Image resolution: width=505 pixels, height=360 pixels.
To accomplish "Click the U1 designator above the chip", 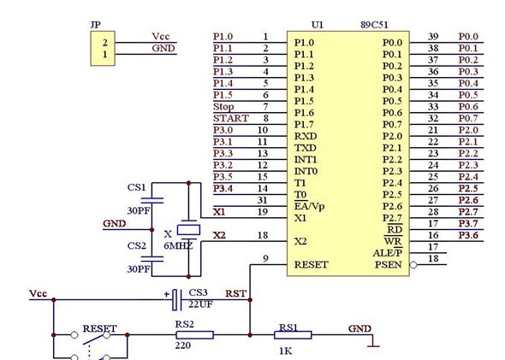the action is [x=318, y=25].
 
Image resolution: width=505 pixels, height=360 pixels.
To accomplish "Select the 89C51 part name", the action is [x=374, y=25].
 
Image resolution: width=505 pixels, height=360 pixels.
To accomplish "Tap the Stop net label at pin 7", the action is [x=223, y=107].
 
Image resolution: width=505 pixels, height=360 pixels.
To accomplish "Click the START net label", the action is [x=231, y=118].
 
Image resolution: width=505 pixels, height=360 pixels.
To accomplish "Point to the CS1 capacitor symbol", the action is [x=152, y=200].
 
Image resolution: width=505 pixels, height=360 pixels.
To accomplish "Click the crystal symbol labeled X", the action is [x=188, y=230].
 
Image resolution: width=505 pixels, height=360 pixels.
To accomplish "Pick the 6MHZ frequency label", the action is [x=178, y=245].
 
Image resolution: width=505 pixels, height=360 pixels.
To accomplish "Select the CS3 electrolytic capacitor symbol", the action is [x=176, y=300].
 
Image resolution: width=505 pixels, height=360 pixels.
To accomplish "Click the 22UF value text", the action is [x=200, y=304].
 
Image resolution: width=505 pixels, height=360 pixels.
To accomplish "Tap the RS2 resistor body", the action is [x=194, y=335].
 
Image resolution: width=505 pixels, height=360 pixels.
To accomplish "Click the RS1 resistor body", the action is [x=293, y=335].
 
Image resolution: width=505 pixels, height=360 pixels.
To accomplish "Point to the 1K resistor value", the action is [x=286, y=351].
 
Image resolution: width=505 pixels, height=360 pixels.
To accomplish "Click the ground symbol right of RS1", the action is [x=373, y=342].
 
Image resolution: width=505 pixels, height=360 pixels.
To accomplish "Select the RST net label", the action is [x=235, y=293].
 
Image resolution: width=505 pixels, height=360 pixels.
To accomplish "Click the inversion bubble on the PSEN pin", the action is [x=413, y=265].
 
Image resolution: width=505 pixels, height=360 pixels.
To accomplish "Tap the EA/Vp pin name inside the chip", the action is [x=309, y=206].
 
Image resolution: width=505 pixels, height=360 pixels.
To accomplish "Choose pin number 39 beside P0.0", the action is [x=433, y=37].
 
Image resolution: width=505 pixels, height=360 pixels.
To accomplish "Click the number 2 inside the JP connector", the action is [x=105, y=43].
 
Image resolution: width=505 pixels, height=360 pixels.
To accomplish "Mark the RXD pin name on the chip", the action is [x=306, y=136].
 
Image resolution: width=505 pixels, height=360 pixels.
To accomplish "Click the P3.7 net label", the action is [x=468, y=223].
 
